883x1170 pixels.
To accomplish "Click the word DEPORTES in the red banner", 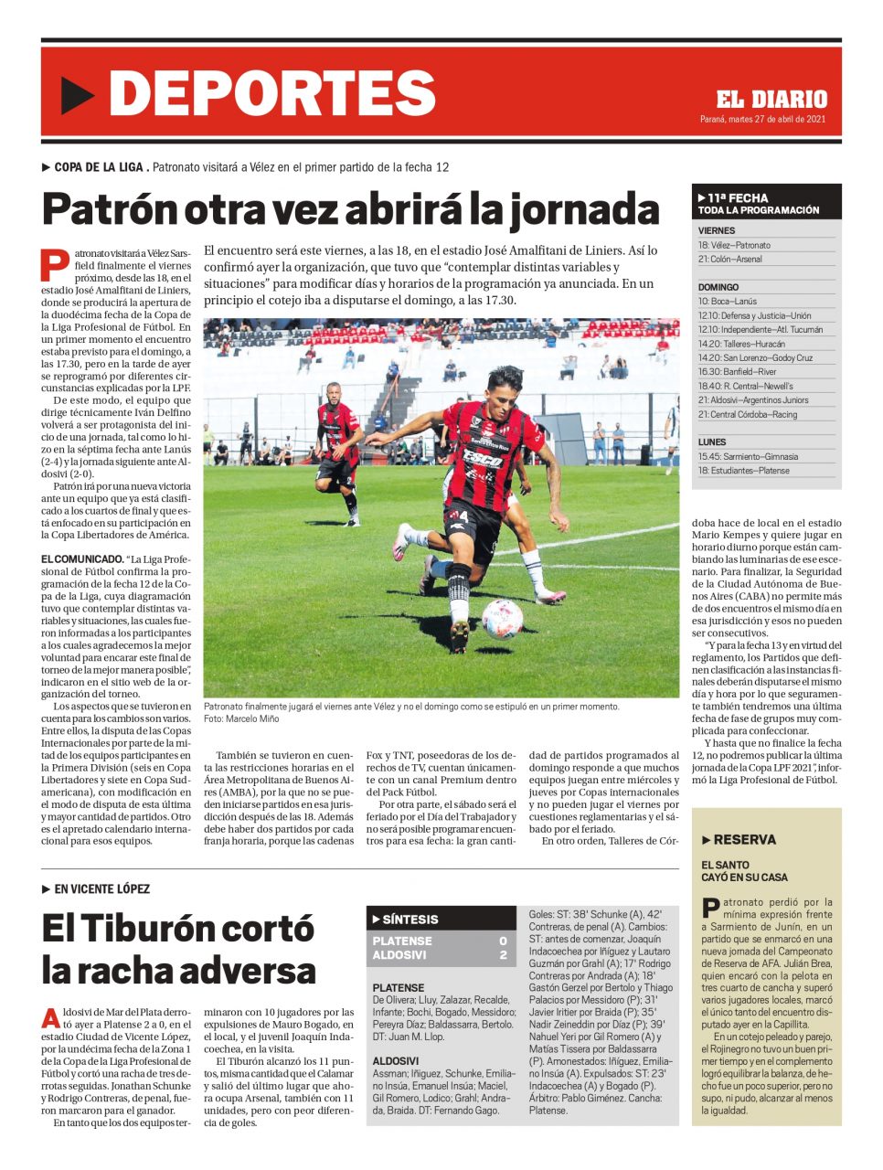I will coord(271,93).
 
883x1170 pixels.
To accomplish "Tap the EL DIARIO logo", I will coord(771,100).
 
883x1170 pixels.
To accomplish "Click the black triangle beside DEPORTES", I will coord(79,94).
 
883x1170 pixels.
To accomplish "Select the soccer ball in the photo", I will coord(502,618).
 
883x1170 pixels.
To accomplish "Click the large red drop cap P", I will coord(55,263).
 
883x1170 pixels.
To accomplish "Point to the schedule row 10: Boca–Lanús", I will coord(728,301).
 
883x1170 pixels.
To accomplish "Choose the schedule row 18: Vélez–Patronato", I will coord(734,245).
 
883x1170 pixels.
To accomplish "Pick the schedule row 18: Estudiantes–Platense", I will coord(743,471).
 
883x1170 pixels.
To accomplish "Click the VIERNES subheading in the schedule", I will coord(717,231).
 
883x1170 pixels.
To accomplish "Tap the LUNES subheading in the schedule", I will coord(712,442).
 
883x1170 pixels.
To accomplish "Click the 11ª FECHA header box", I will coord(766,203).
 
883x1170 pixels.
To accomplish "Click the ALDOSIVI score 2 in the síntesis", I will coord(503,955).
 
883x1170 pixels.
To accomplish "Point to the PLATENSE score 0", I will coord(503,941).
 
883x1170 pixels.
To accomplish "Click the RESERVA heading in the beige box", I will coord(744,840).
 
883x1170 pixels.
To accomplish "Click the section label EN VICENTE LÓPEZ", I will coord(101,888).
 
